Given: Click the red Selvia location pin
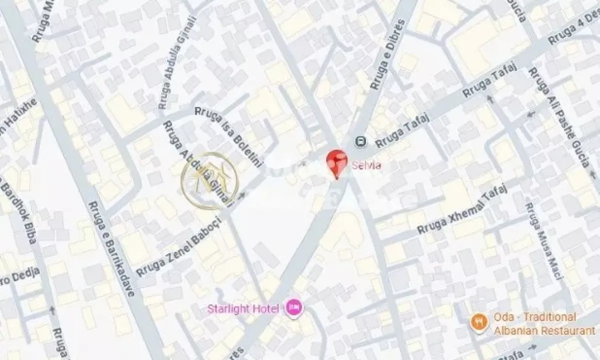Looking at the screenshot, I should point(336,161).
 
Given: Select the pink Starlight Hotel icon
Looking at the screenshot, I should point(293,307).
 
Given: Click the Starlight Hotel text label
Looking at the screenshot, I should point(243,308).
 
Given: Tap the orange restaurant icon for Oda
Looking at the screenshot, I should point(478,323).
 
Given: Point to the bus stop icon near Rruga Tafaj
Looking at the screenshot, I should point(359,142).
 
